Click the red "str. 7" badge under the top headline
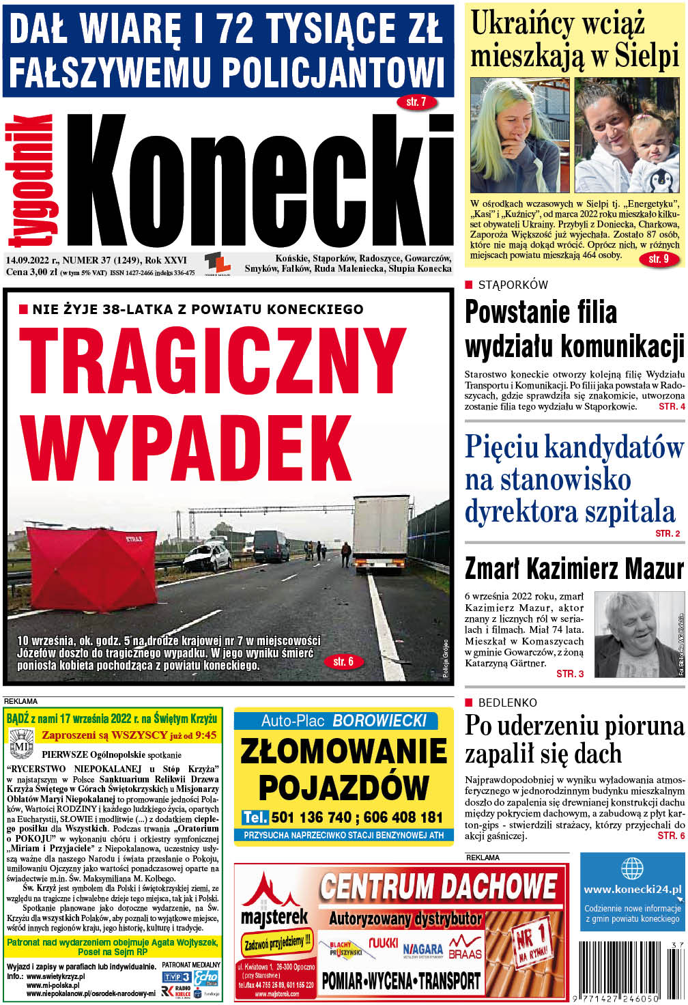click(416, 102)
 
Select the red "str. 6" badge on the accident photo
click(343, 661)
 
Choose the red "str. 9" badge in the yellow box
click(659, 259)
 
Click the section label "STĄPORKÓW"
click(513, 285)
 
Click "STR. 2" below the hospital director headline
click(668, 533)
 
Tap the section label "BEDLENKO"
click(507, 703)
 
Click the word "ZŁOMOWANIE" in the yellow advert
click(343, 752)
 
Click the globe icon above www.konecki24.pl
click(632, 868)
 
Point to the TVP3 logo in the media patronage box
click(176, 977)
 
